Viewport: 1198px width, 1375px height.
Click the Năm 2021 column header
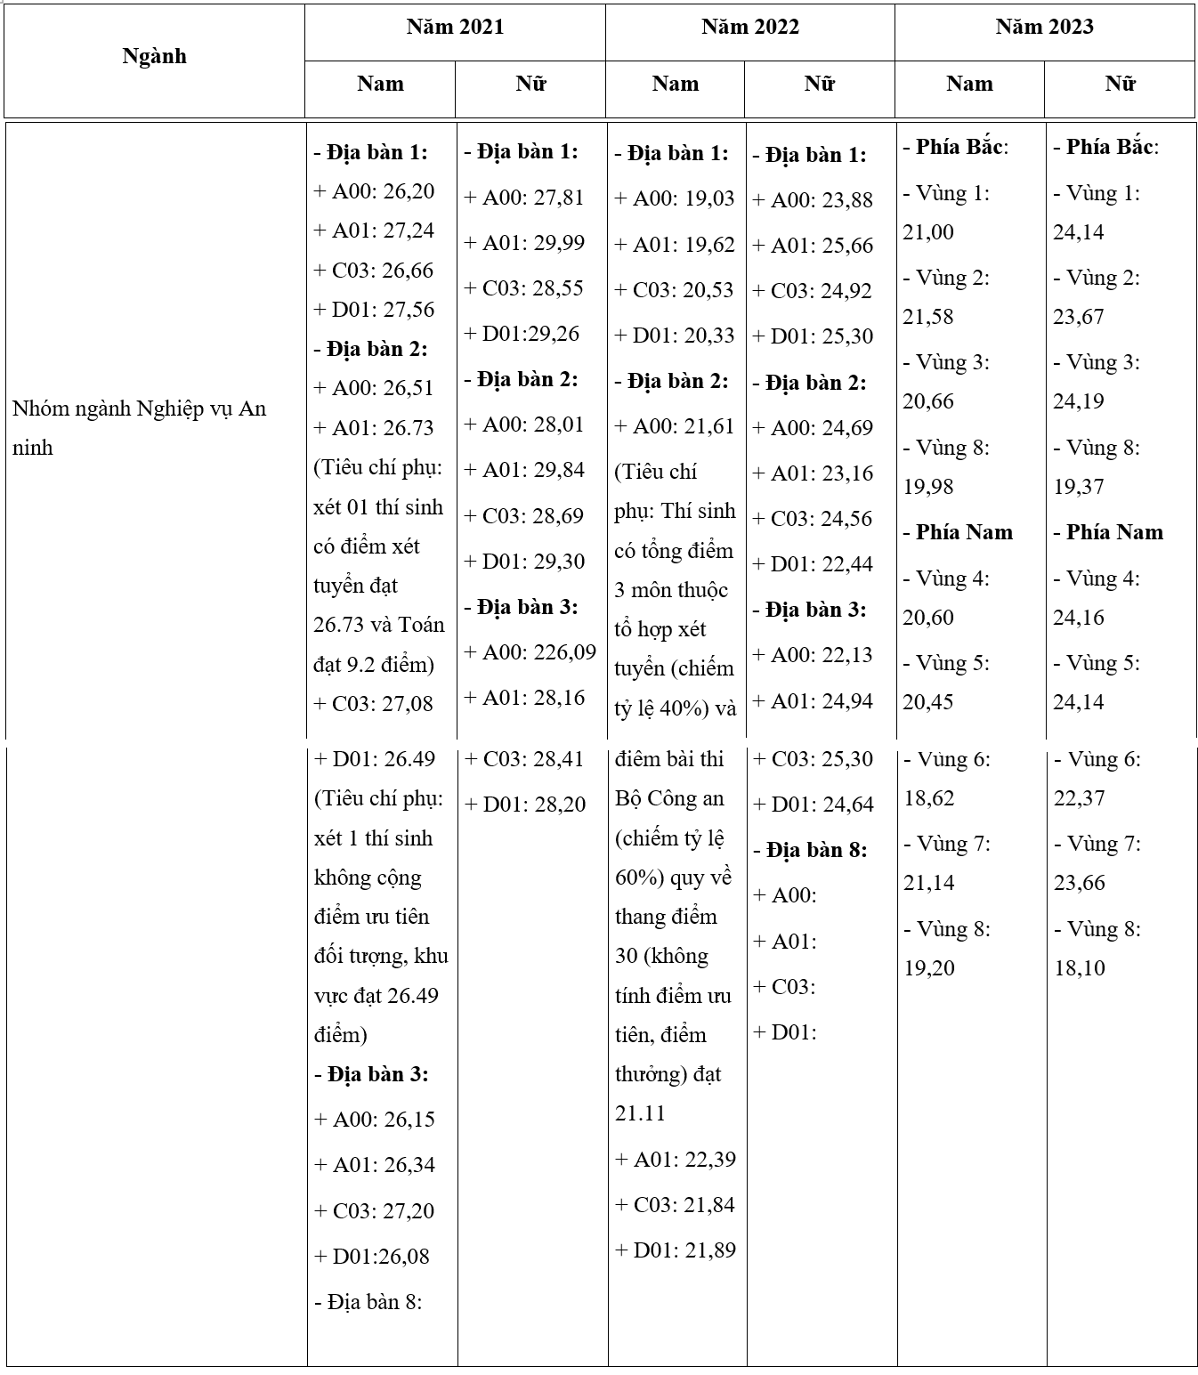[455, 28]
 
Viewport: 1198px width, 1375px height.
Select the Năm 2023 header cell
[1044, 28]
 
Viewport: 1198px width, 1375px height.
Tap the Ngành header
[154, 57]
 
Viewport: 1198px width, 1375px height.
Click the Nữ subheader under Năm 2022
[819, 85]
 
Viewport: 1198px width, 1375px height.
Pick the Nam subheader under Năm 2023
[968, 85]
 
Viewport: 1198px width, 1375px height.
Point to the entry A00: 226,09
[530, 652]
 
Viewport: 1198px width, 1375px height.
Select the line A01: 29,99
[525, 243]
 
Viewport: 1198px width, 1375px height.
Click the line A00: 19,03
[675, 198]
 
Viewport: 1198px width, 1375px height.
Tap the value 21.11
[640, 1113]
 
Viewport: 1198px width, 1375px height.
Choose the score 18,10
[1080, 968]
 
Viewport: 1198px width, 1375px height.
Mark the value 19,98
[928, 487]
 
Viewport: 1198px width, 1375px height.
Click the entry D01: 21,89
[676, 1250]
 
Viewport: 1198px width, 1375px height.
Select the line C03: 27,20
[375, 1211]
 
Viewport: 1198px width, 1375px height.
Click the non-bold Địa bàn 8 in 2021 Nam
[368, 1302]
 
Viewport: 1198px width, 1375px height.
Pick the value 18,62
[929, 798]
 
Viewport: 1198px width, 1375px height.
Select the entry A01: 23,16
[813, 473]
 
